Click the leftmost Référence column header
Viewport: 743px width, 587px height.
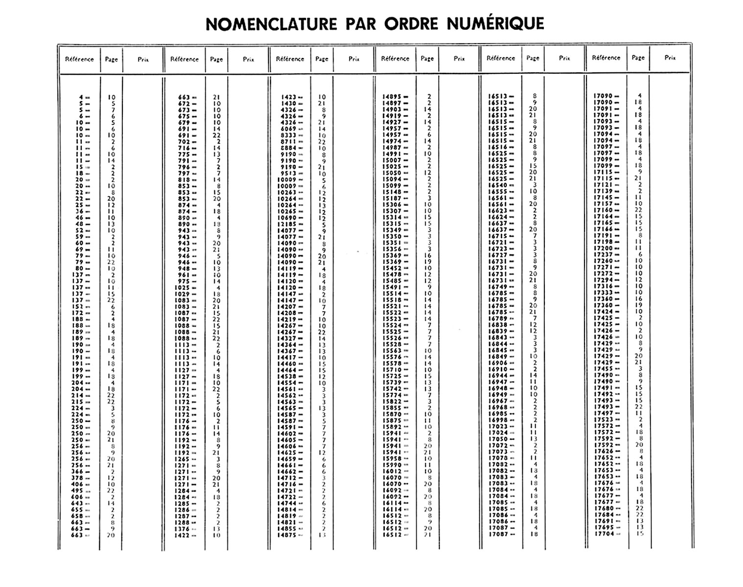coord(79,59)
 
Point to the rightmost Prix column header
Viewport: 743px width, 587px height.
coord(670,58)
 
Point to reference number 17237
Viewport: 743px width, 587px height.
coord(603,254)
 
